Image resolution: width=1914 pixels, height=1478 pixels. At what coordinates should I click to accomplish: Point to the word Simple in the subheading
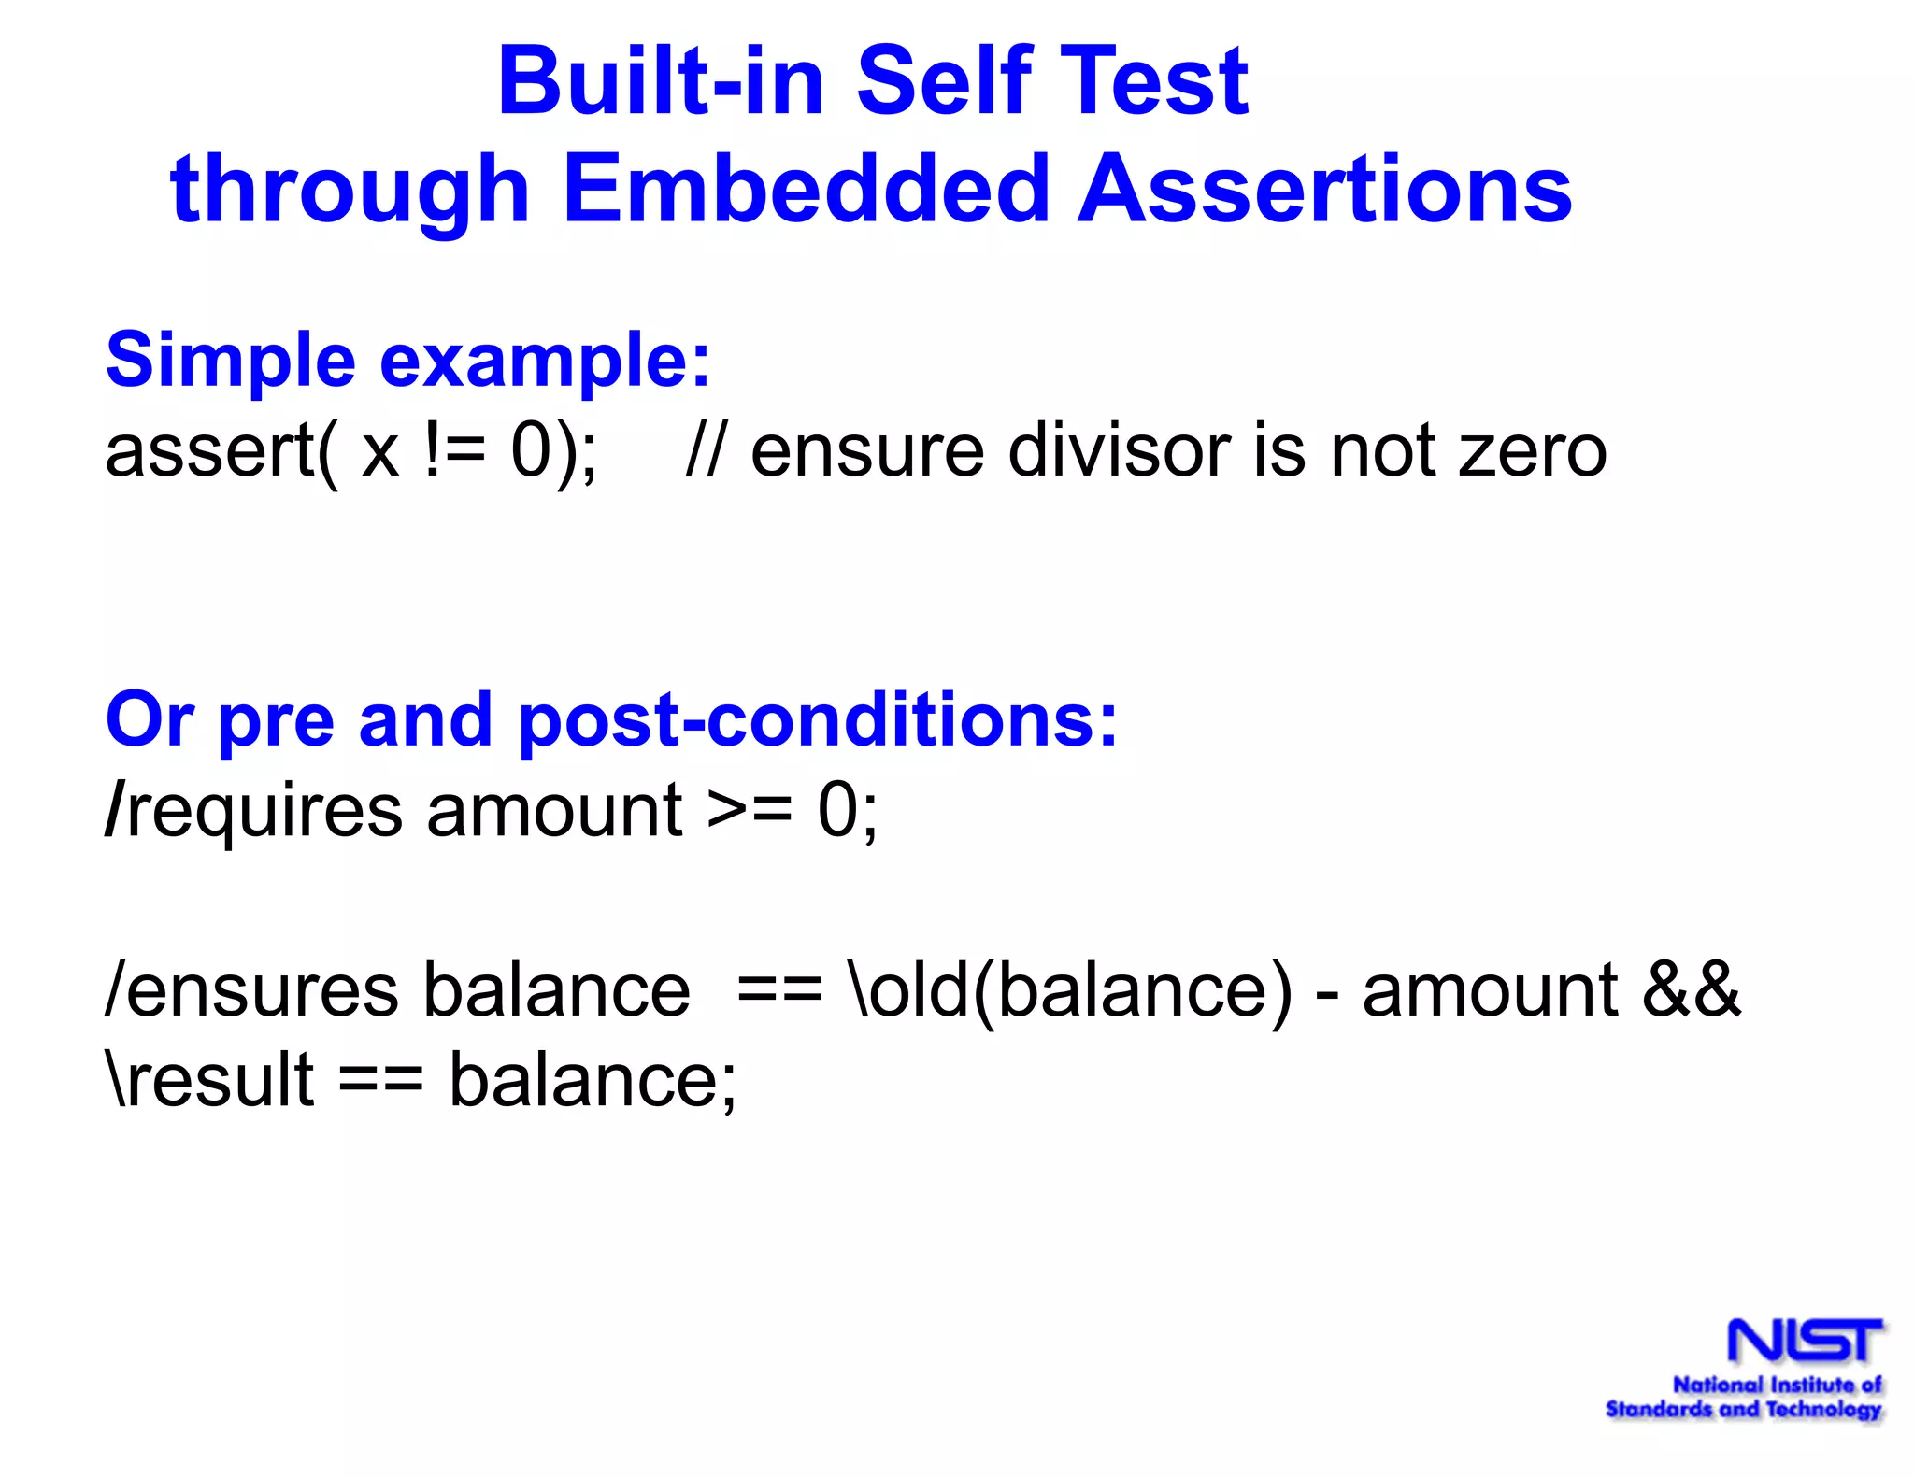(230, 362)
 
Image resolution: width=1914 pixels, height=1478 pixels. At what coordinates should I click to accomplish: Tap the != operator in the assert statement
(454, 451)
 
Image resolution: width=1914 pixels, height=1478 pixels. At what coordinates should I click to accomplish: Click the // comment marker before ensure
(703, 451)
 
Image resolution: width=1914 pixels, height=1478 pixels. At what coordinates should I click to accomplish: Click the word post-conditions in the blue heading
(817, 722)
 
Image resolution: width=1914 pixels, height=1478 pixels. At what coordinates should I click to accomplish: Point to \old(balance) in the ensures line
(1070, 990)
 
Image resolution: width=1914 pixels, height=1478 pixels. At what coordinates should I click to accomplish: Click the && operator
(1692, 990)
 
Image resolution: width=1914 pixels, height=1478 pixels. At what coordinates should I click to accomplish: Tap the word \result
(211, 1080)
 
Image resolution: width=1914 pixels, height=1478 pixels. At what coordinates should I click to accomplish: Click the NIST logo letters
(1804, 1341)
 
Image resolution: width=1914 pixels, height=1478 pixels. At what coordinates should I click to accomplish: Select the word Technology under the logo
(1822, 1409)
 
